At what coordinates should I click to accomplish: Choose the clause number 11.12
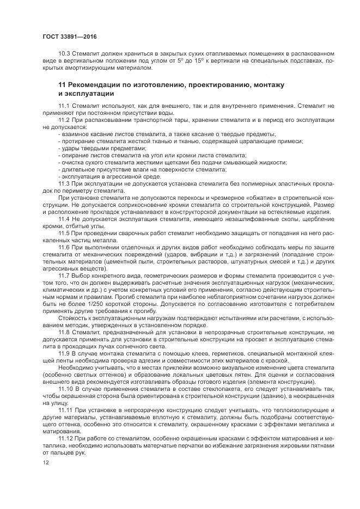tap(66, 439)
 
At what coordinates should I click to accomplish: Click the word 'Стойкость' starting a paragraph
tap(73, 317)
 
